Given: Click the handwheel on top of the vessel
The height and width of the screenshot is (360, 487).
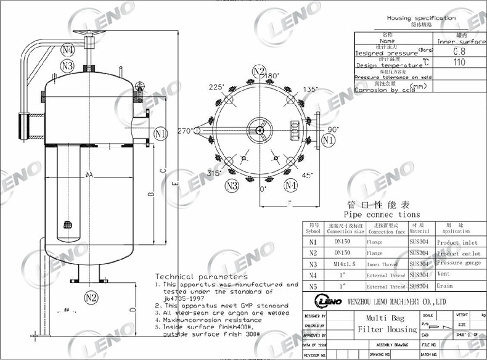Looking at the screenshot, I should tap(81, 33).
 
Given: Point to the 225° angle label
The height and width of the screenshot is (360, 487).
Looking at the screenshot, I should tap(216, 88).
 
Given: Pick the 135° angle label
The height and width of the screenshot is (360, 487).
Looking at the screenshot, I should tap(311, 89).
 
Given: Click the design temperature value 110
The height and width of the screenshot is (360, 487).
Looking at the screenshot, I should tap(459, 62).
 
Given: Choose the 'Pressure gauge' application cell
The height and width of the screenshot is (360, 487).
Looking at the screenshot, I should tap(458, 264).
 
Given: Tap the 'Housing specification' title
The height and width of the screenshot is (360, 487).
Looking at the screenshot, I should tap(421, 18).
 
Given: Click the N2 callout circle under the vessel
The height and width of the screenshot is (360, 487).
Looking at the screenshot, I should tap(91, 298).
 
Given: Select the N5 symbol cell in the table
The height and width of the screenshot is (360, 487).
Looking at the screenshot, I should tap(313, 286).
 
